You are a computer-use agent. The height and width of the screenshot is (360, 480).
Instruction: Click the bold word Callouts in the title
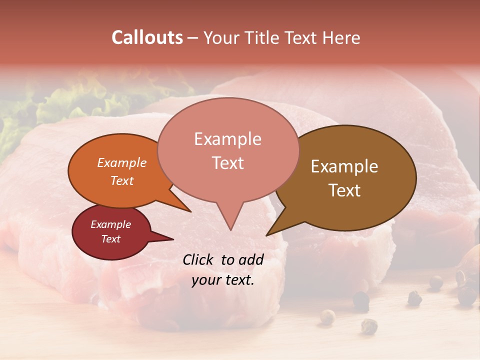[x=147, y=37]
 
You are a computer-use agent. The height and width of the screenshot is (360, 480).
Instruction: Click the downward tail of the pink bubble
[x=230, y=217]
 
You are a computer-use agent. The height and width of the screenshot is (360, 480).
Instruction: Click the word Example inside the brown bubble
[x=344, y=166]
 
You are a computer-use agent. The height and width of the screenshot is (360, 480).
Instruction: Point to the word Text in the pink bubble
[x=228, y=163]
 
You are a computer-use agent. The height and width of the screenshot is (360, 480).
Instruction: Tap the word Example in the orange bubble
[x=122, y=162]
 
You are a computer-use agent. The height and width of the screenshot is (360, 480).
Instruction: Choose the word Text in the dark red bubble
[x=111, y=239]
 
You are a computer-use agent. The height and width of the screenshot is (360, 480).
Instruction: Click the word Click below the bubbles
[x=198, y=259]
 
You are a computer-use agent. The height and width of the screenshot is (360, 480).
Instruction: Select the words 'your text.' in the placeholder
[x=223, y=280]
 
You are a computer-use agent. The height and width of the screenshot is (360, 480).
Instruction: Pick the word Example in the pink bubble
[x=227, y=139]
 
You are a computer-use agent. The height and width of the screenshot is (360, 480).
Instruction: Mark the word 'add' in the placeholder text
[x=251, y=259]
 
